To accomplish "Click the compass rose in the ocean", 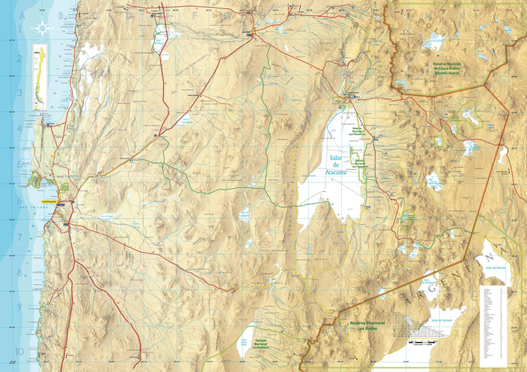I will (42, 29).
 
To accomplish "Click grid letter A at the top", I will (21, 15).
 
